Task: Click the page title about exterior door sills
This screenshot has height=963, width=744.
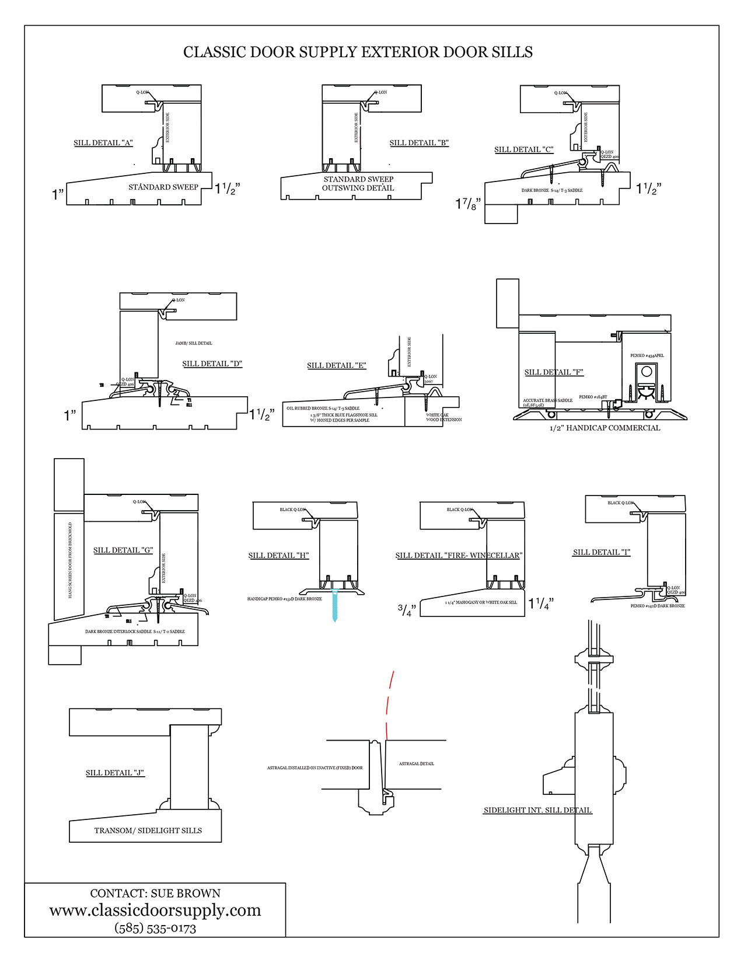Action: coord(358,52)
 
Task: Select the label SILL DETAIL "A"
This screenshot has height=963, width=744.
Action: coord(103,143)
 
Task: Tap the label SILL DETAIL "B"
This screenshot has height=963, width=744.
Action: coord(419,143)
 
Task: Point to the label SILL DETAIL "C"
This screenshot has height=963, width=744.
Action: coord(523,149)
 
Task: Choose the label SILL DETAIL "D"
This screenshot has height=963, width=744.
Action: coord(212,364)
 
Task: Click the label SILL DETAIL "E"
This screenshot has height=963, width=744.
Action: coord(337,365)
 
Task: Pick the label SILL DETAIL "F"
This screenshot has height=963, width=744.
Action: coord(554,372)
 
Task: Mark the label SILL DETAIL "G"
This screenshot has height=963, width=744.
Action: coord(123,550)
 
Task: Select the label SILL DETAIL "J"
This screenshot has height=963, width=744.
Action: coord(115,773)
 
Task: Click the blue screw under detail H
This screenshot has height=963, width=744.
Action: coord(334,605)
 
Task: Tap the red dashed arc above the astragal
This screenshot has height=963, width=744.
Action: coord(389,703)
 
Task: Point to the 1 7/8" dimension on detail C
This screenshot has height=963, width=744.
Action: coord(468,204)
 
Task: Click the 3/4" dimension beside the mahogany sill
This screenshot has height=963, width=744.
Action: coord(407,610)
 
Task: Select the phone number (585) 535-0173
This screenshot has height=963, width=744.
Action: coord(155,928)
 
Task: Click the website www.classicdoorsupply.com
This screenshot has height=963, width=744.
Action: coord(155,910)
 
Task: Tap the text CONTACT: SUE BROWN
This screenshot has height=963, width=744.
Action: coord(155,894)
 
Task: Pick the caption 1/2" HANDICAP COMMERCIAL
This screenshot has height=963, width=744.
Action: coord(605,428)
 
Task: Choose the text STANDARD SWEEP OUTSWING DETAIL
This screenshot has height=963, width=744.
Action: coord(358,183)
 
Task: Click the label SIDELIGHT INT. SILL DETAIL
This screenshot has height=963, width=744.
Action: coord(537,810)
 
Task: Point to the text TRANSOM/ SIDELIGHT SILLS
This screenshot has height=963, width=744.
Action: coord(148,831)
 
